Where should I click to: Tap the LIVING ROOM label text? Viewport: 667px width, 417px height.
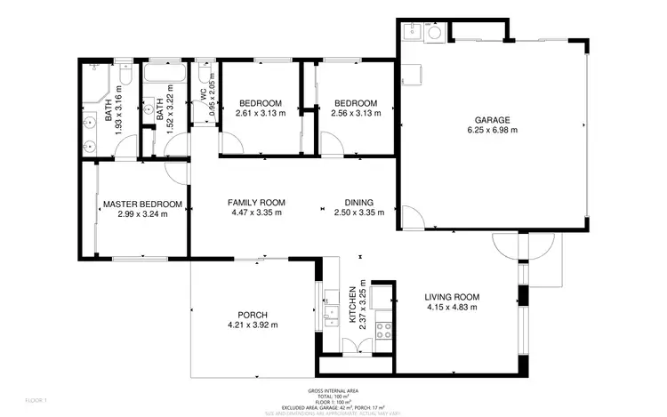451,297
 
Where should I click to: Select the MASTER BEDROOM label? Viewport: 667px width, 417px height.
142,204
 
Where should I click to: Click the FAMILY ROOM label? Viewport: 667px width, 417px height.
256,202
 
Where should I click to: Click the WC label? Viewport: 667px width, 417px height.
203,92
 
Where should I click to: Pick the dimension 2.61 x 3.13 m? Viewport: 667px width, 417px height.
261,113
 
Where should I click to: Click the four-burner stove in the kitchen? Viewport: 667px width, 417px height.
384,331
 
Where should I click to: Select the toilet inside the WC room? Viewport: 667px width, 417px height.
205,69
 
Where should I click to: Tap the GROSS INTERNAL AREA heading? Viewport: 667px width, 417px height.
333,390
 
